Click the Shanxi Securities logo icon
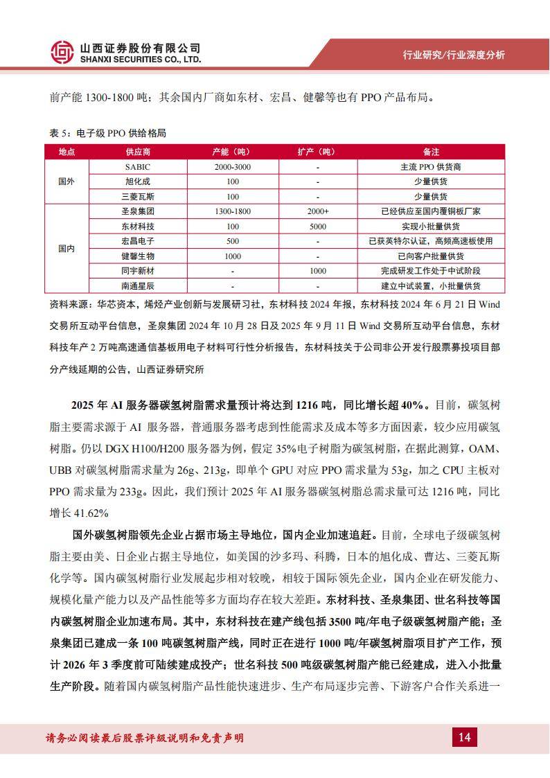coord(62,52)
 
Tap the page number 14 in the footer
coord(464,737)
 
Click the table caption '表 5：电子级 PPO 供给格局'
coord(108,133)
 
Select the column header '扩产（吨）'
coord(318,152)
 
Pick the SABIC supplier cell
coord(137,167)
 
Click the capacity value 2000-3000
coord(233,167)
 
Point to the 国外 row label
coord(66,182)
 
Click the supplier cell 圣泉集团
coord(137,211)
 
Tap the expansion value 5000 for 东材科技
coord(318,227)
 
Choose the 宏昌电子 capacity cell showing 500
coord(233,241)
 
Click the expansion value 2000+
coord(318,211)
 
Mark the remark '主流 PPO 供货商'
coord(431,167)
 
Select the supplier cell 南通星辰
coord(137,285)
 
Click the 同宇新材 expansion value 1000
coord(318,271)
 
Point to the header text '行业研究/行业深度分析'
coord(454,55)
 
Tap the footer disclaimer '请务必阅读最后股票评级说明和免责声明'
coord(143,738)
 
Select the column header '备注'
coord(431,152)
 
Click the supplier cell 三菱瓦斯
coord(137,197)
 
